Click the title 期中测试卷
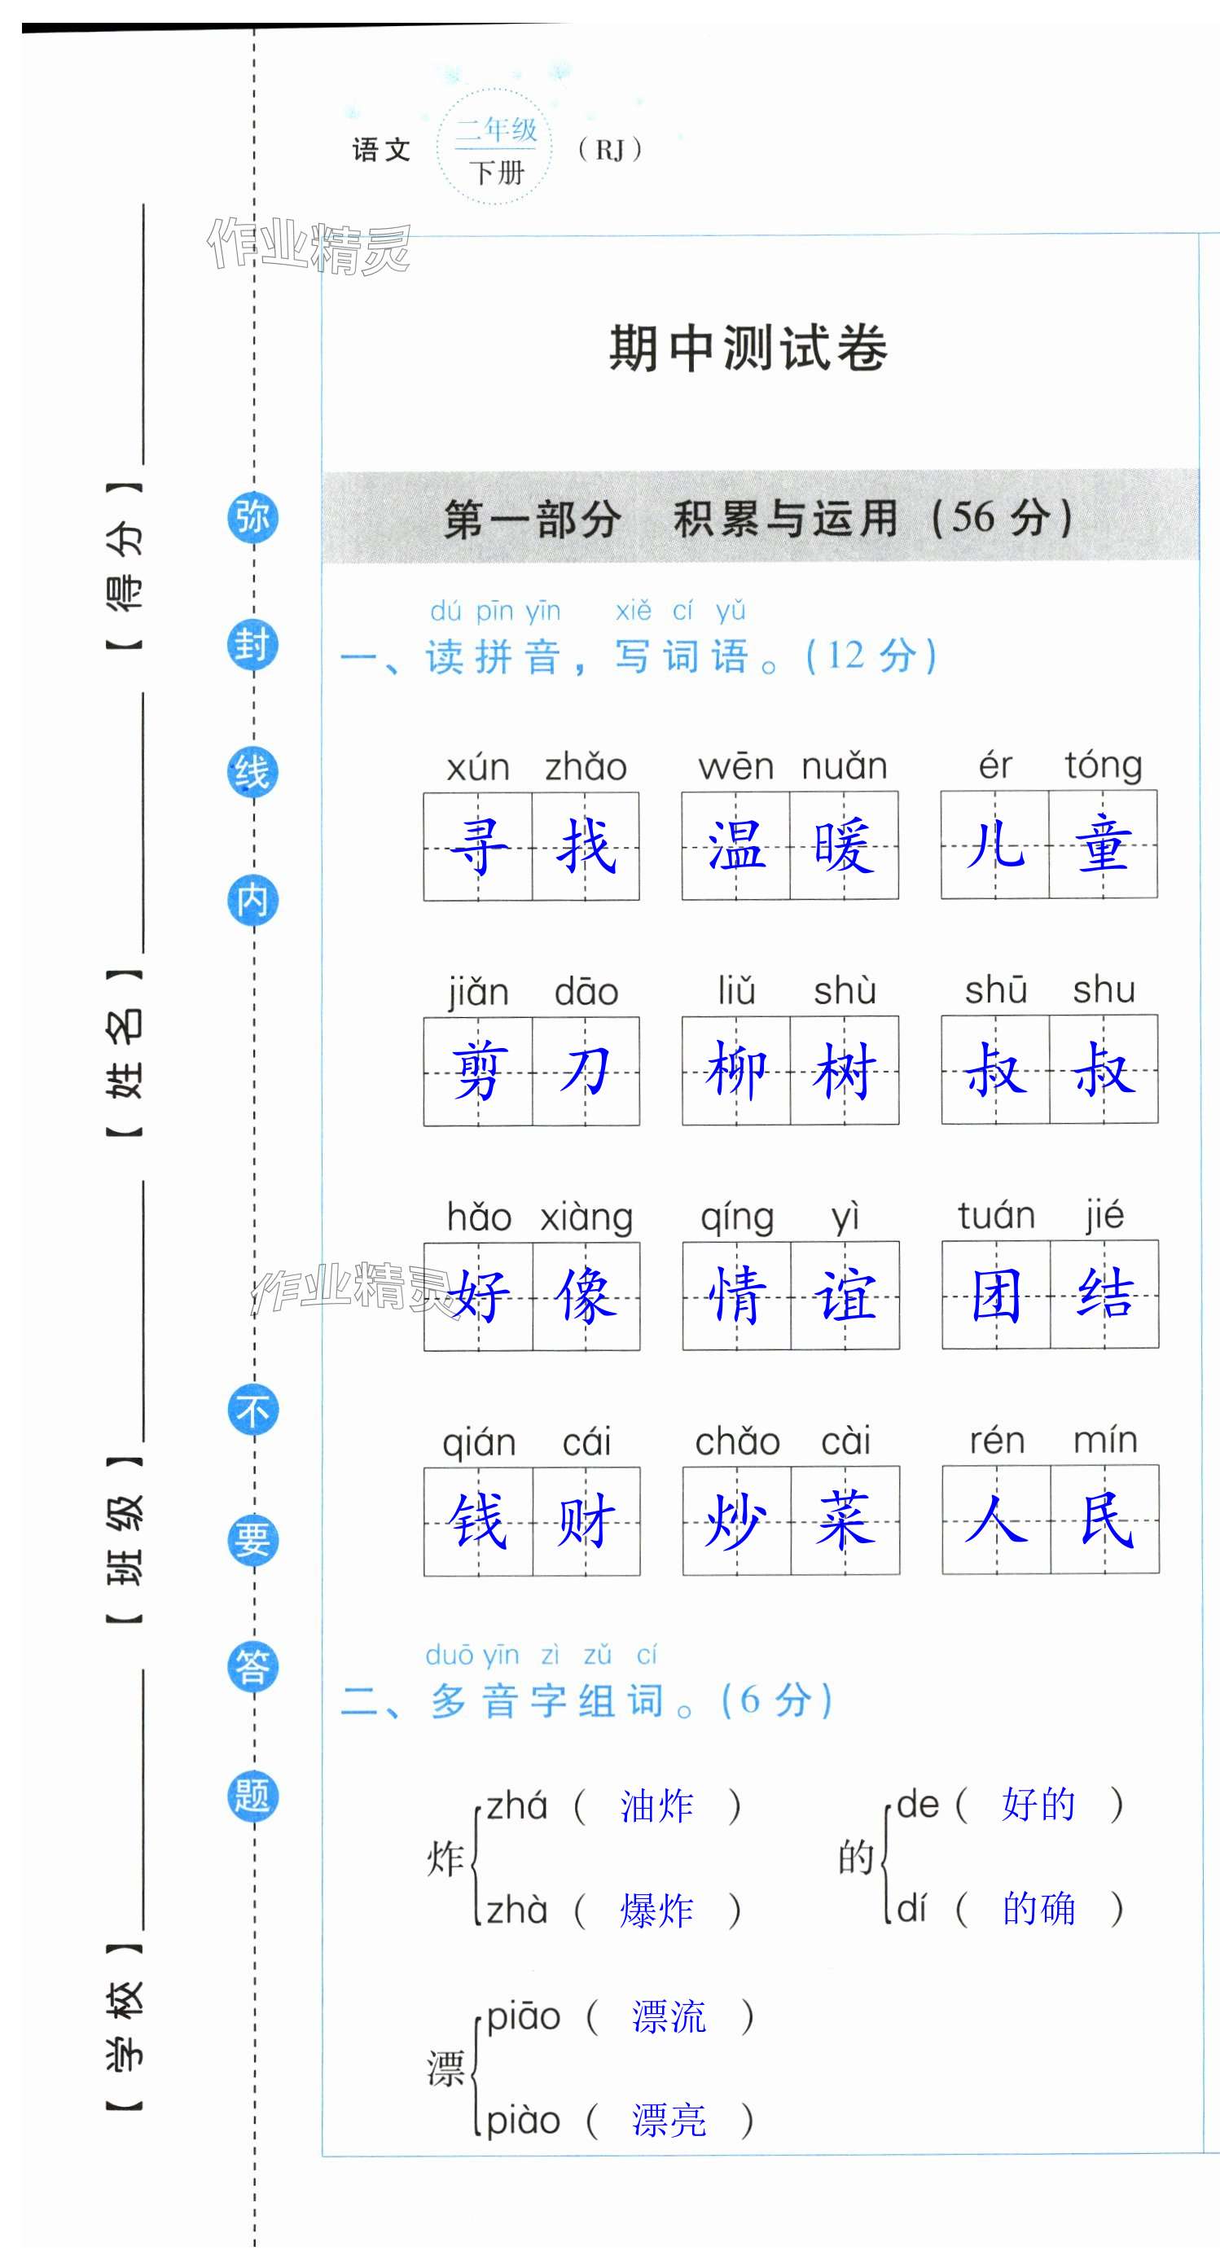(748, 348)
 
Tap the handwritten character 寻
(478, 846)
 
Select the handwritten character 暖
(843, 846)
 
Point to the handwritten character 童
(1103, 845)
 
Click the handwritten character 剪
(478, 1072)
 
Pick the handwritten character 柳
(736, 1071)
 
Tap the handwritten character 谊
(845, 1295)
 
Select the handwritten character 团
(995, 1295)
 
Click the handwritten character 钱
(478, 1520)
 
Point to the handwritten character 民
(1104, 1520)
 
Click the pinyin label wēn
(736, 767)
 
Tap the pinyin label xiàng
(586, 1217)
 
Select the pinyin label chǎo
(738, 1442)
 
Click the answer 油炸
(656, 1806)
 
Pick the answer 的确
(1038, 1909)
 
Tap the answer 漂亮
(669, 2120)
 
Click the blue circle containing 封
(252, 645)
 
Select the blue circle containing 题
(252, 1796)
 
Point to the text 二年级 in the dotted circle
(495, 130)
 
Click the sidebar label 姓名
(123, 1053)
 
